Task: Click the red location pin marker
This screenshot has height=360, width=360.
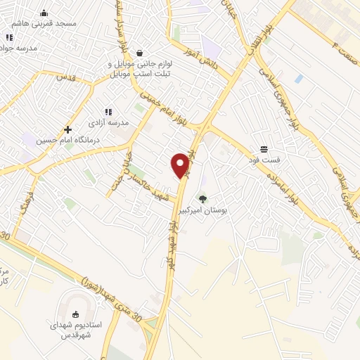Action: click(181, 165)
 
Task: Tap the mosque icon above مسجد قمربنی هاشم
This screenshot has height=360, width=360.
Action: click(44, 13)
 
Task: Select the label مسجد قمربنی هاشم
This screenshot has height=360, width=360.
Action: click(48, 23)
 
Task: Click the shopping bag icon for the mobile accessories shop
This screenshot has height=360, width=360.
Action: click(139, 53)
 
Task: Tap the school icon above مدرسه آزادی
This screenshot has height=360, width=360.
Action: click(108, 111)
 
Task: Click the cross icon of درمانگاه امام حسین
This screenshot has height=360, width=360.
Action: click(67, 129)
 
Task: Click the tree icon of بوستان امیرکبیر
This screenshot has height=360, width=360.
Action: click(203, 199)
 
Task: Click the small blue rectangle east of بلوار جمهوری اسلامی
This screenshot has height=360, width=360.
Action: click(300, 78)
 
